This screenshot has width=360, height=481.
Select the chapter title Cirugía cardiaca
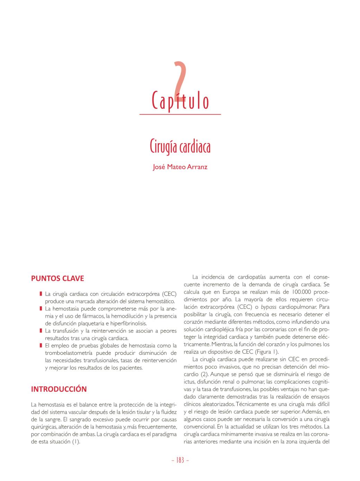180,147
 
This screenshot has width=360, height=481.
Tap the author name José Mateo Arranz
180,167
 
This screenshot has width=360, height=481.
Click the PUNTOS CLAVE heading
58,278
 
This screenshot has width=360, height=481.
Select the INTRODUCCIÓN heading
59,389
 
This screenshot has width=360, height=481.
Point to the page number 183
180,460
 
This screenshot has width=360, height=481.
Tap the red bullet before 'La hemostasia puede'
41,309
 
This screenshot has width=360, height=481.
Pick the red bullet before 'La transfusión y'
41,331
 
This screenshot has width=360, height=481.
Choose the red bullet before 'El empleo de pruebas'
41,345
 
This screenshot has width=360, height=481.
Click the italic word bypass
269,307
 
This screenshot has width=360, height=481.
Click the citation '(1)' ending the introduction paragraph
76,442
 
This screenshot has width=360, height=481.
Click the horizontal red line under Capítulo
180,114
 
